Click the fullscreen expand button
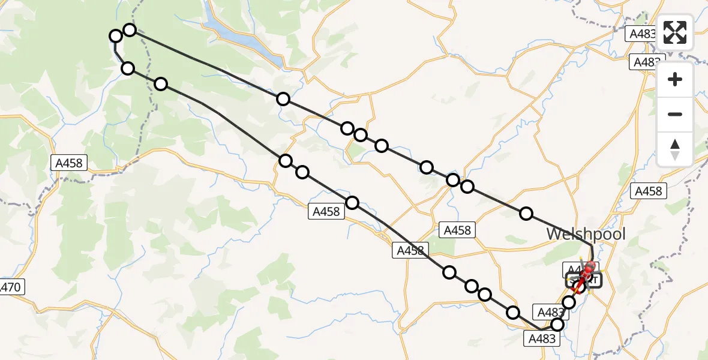[x=675, y=32]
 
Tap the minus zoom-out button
[x=675, y=114]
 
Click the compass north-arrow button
[x=675, y=149]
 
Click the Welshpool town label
[x=586, y=234]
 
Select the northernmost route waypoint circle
[x=130, y=29]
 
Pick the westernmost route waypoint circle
[x=116, y=37]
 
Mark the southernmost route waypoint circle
[x=557, y=325]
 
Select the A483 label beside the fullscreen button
[x=641, y=34]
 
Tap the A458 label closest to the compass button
[x=648, y=191]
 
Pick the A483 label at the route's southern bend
[x=542, y=339]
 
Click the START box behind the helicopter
[x=582, y=280]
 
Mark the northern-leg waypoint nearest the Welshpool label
[x=526, y=213]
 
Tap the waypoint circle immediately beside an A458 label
[x=352, y=203]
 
